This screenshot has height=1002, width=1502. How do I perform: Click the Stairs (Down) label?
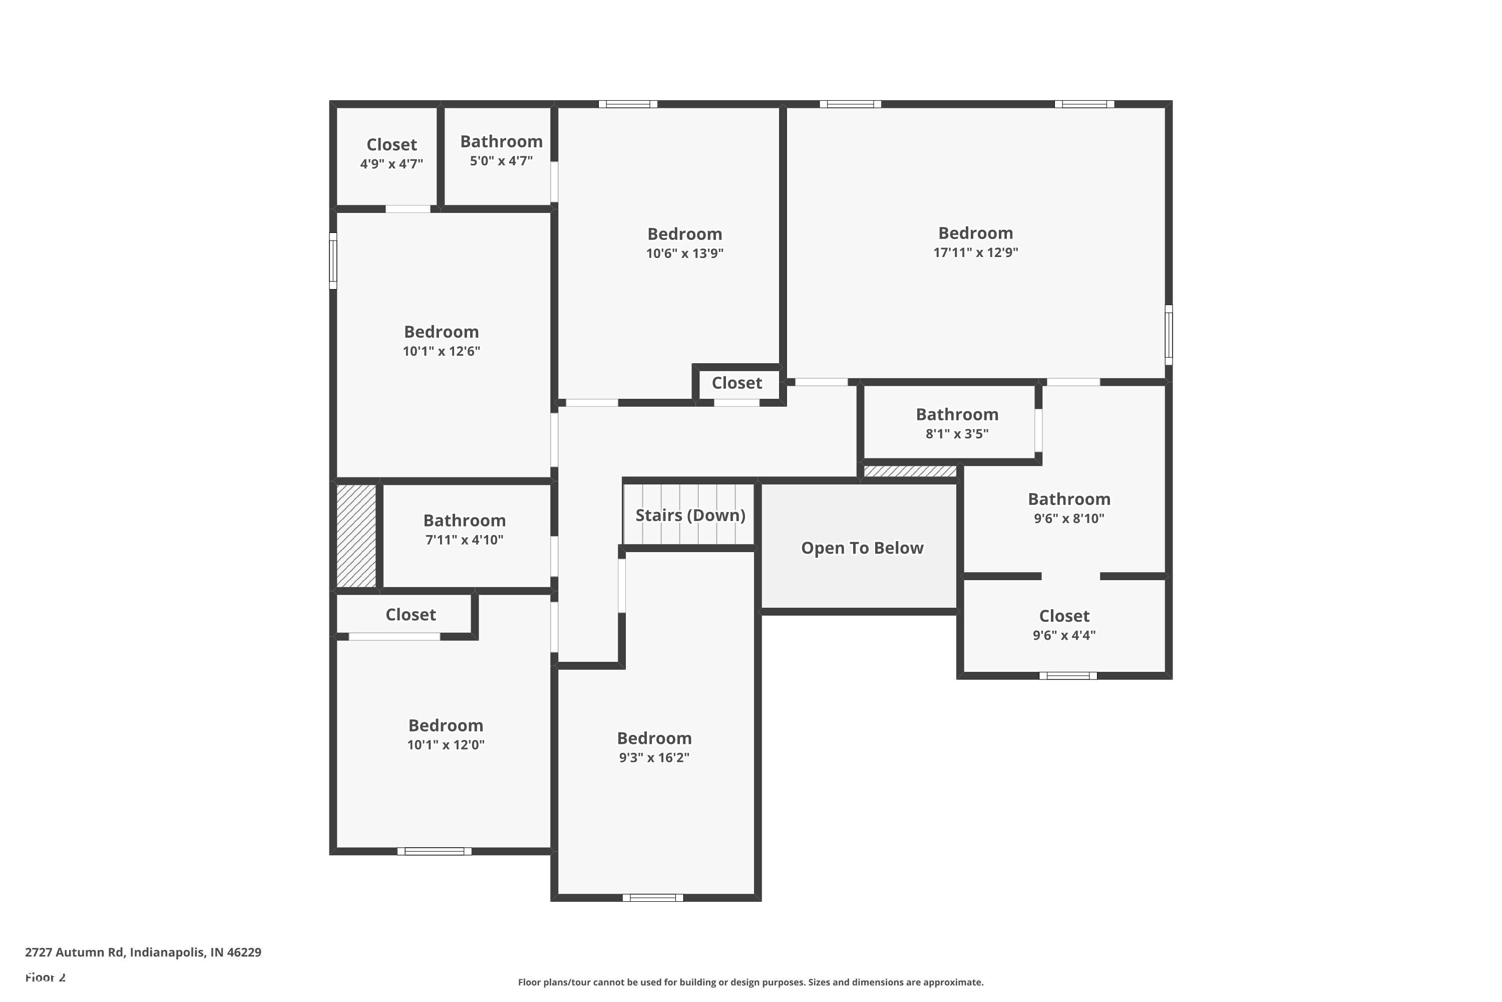tap(690, 515)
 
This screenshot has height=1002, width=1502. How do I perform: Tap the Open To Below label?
tap(862, 548)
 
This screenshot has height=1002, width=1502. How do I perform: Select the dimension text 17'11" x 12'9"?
tap(975, 253)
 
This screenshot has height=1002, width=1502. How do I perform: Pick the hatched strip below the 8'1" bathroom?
tap(910, 471)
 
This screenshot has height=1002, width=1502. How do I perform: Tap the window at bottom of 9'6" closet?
tap(1068, 676)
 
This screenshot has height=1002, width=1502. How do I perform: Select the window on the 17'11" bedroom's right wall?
tap(1169, 334)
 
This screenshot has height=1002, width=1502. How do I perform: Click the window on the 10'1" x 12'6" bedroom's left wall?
tap(333, 261)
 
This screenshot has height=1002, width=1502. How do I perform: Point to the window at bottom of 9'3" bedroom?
tap(653, 898)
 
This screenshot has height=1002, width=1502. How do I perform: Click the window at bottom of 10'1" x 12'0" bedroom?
tap(434, 851)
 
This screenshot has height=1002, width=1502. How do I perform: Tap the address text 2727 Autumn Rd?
tap(143, 952)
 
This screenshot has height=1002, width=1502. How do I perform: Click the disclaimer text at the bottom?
tap(750, 982)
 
